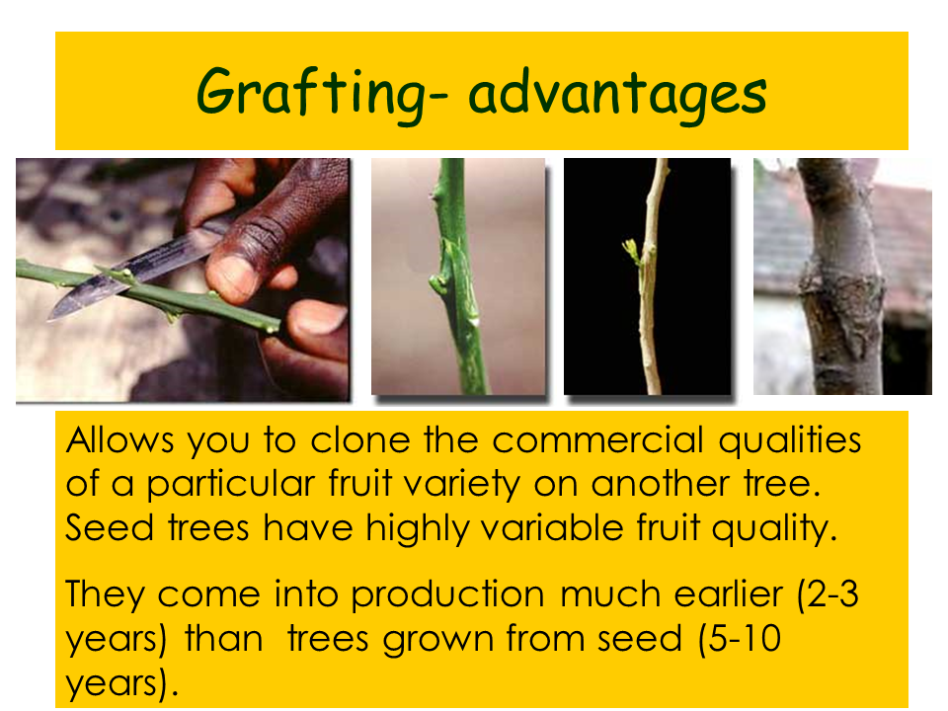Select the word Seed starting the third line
click(109, 527)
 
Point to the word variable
click(553, 527)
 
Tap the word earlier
click(729, 594)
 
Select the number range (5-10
click(740, 640)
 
